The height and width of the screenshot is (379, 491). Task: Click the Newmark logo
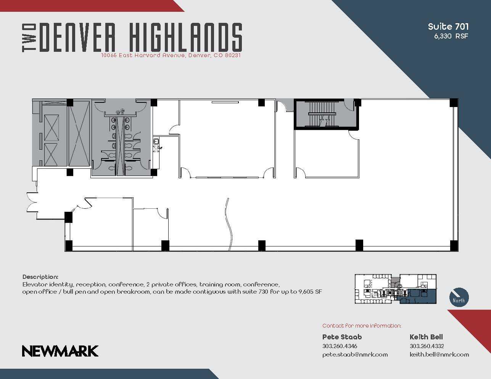pyautogui.click(x=60, y=351)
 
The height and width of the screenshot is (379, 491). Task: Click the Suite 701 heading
pyautogui.click(x=448, y=26)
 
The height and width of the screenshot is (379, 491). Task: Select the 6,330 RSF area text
pyautogui.click(x=451, y=37)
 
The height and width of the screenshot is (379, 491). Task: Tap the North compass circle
pyautogui.click(x=459, y=297)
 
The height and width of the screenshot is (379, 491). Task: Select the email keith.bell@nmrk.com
pyautogui.click(x=439, y=354)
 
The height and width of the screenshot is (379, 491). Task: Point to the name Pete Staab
pyautogui.click(x=342, y=337)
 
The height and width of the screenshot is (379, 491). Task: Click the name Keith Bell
pyautogui.click(x=426, y=337)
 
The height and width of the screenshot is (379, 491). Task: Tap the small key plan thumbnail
pyautogui.click(x=396, y=289)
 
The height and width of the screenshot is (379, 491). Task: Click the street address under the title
pyautogui.click(x=171, y=55)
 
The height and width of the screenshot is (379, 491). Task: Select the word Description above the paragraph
pyautogui.click(x=40, y=277)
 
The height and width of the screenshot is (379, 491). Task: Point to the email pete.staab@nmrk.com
pyautogui.click(x=355, y=354)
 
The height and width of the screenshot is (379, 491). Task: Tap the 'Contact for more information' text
pyautogui.click(x=361, y=326)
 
